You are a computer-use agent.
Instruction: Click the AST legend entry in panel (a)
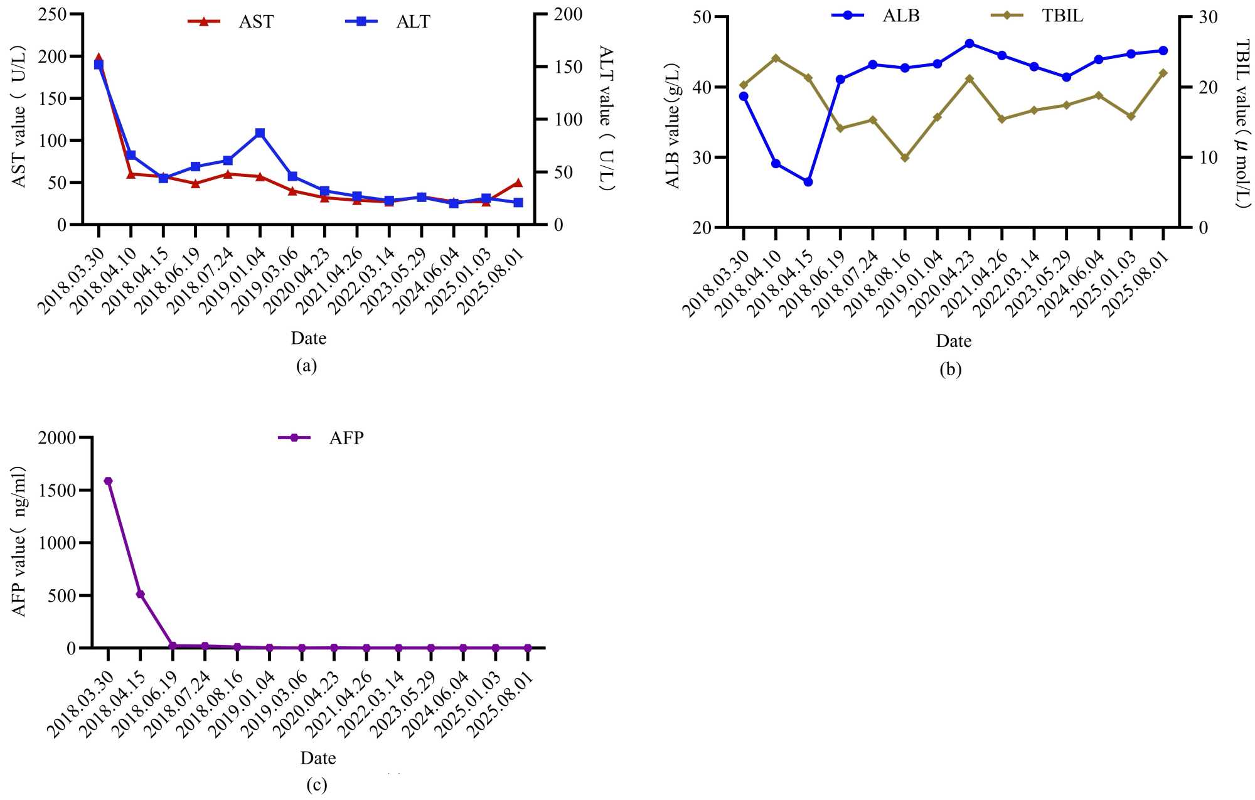coord(231,21)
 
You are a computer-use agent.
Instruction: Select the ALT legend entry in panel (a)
coord(388,21)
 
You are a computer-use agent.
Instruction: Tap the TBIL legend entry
coord(1037,15)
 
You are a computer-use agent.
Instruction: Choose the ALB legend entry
coord(876,15)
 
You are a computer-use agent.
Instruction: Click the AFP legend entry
coord(321,437)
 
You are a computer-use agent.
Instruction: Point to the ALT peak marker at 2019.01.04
coord(260,133)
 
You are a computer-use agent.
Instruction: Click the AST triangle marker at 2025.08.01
coord(518,183)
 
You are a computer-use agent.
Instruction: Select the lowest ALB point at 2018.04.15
coord(808,182)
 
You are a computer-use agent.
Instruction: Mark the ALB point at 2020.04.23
coord(969,43)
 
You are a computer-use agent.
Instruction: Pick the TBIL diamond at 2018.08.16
coord(905,157)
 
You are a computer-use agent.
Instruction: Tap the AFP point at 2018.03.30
coord(108,481)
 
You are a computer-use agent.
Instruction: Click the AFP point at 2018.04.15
coord(141,594)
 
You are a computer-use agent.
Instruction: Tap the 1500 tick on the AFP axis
coord(57,490)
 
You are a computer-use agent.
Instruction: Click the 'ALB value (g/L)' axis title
coord(673,125)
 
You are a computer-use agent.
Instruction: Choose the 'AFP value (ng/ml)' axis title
coord(20,541)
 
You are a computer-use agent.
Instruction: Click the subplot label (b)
coord(950,369)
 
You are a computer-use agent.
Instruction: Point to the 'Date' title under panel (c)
coord(318,758)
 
